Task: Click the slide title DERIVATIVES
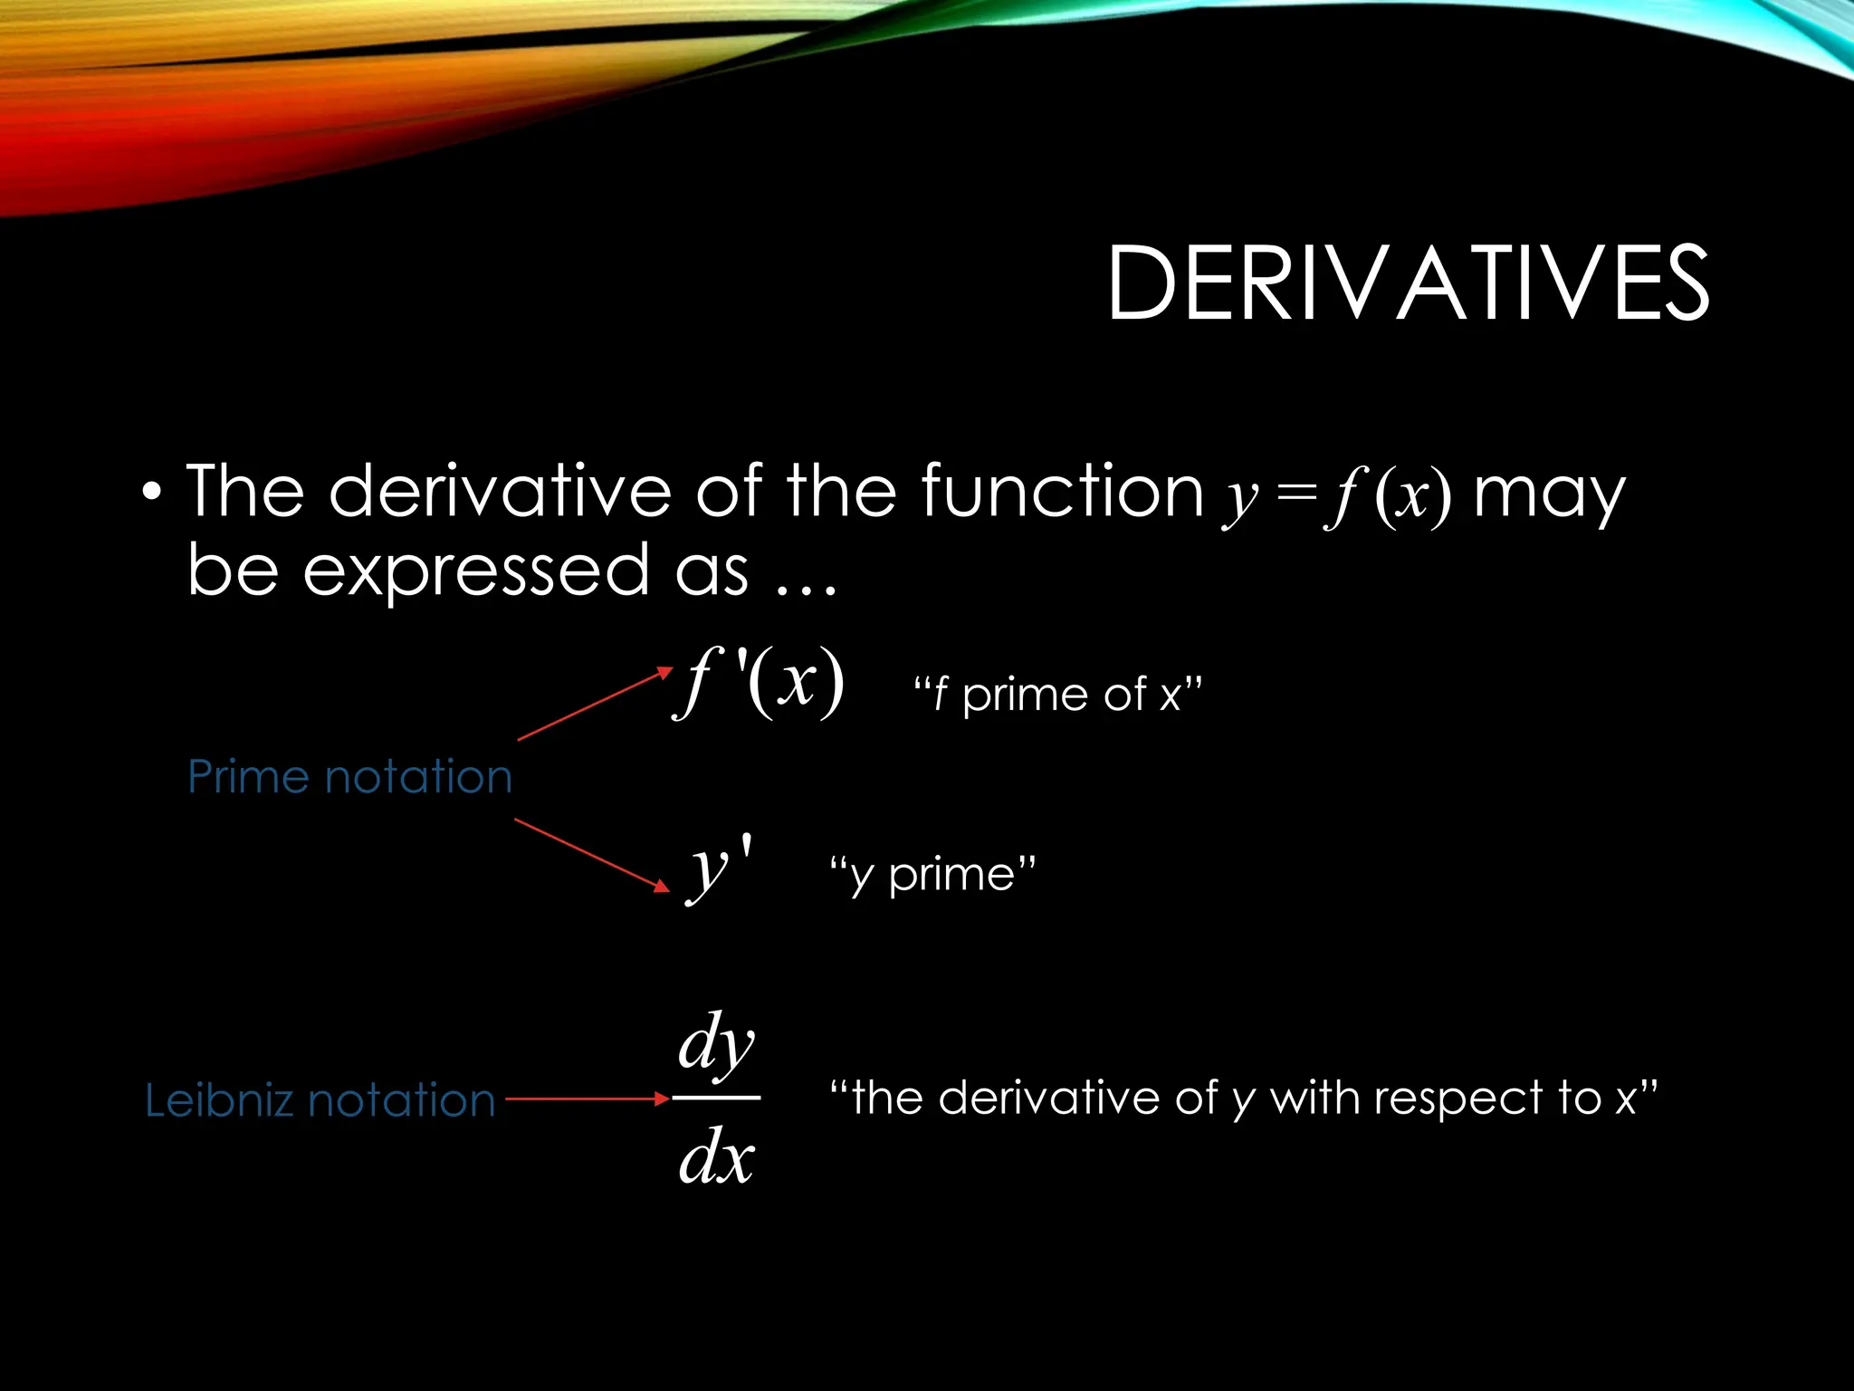[1408, 283]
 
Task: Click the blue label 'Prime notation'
[349, 777]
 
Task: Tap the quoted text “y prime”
[932, 875]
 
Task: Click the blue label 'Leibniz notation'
[320, 1100]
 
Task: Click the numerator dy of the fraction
[716, 1043]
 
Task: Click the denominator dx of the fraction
[716, 1157]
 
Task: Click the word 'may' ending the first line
[1549, 494]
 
